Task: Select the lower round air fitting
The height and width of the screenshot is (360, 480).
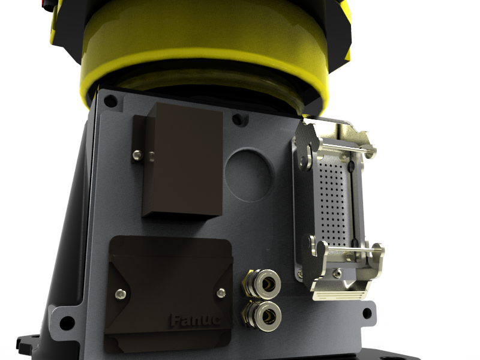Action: click(262, 313)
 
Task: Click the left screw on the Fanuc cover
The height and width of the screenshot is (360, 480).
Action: click(122, 293)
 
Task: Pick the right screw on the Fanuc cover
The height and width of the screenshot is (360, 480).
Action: click(221, 292)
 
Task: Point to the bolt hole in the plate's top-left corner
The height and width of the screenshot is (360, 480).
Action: click(110, 101)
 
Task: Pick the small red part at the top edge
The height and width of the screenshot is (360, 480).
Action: click(45, 4)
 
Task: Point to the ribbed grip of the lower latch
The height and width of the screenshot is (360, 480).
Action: click(340, 295)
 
